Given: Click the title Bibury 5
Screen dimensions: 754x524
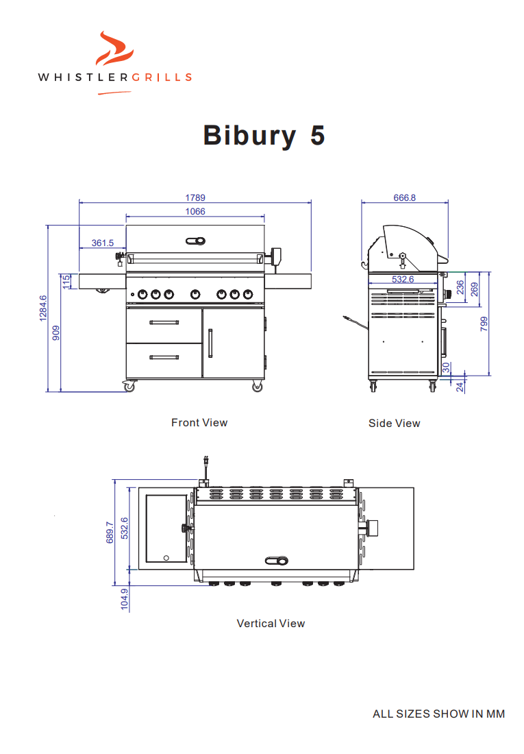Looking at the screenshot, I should [264, 135].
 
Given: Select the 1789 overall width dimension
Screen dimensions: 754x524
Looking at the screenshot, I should [195, 197].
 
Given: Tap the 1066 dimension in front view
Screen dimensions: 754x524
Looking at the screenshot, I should [195, 212].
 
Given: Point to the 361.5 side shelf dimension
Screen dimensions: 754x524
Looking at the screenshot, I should [102, 243].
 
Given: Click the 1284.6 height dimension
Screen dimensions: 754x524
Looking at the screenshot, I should [42, 308].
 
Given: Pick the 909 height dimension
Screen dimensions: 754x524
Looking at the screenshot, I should [56, 332].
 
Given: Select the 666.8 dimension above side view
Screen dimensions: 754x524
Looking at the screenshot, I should [404, 197].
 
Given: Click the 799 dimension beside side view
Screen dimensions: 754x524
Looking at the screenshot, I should [484, 324].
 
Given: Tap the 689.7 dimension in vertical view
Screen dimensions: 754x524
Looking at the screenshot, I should [110, 533].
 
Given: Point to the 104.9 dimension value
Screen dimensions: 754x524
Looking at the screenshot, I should [125, 599].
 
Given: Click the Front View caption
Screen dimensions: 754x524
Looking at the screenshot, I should [199, 423].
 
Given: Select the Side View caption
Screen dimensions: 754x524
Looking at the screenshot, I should [394, 424].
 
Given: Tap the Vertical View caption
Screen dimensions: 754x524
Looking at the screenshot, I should [271, 624].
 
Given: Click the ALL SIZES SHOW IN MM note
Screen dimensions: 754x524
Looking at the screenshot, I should [438, 714].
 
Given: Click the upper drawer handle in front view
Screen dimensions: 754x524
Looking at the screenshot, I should [164, 322].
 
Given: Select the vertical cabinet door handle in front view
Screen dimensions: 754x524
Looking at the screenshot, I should [210, 343].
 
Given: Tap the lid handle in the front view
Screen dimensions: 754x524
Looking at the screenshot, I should [195, 240].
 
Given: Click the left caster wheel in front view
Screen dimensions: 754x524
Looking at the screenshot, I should [129, 387].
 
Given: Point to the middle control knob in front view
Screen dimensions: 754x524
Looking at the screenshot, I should [196, 295].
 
